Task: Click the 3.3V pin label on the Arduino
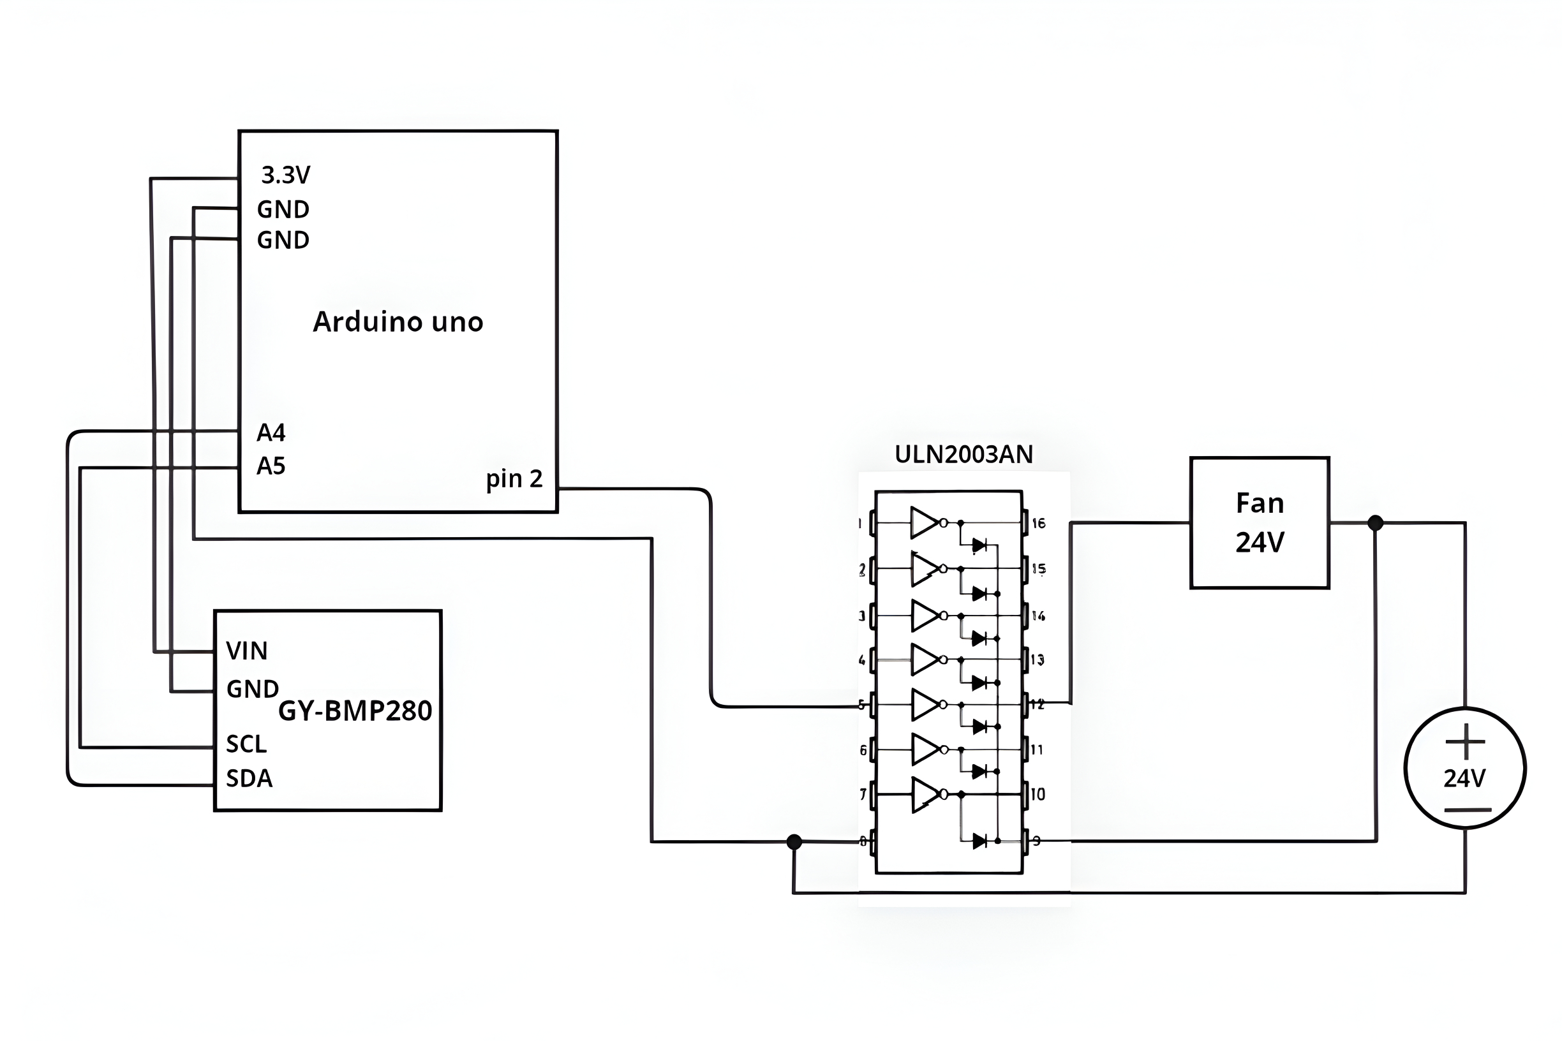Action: coord(286,175)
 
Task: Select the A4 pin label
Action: coord(271,433)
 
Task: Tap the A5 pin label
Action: coord(271,466)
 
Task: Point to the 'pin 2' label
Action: coord(514,478)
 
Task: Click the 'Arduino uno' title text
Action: coord(398,322)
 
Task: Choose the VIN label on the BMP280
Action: coord(246,651)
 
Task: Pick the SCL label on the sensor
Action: coord(246,744)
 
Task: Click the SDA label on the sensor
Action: coord(249,778)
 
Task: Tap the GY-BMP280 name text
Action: coord(355,711)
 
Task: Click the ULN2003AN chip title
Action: coord(963,455)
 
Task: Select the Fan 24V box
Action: coord(1259,522)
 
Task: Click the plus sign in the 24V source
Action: coord(1464,742)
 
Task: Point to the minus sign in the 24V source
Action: coord(1467,810)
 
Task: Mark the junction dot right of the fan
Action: coord(1376,523)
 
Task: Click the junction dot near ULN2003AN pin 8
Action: coord(794,842)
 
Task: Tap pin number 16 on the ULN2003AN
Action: coord(1038,524)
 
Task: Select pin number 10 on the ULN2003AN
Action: coord(1038,794)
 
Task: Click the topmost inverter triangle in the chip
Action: coord(924,522)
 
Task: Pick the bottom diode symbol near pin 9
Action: coord(979,841)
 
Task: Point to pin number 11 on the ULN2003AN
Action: coord(1037,750)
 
